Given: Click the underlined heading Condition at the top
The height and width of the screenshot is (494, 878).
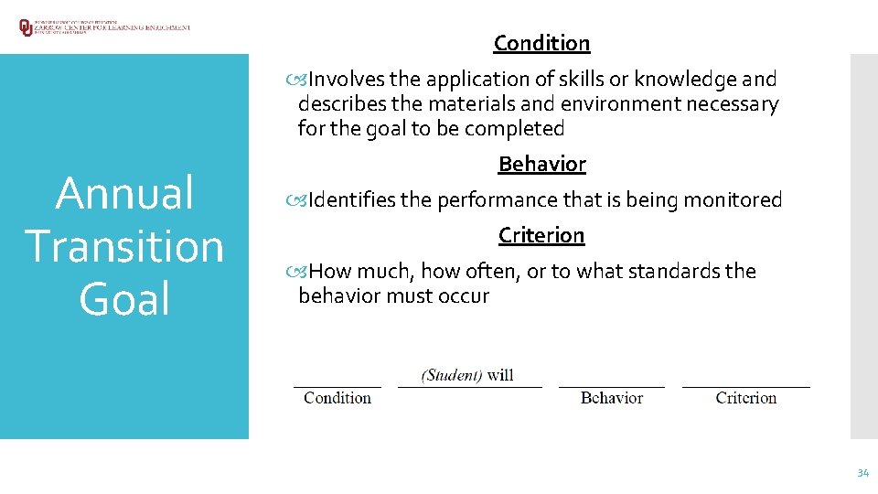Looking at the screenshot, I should click(x=541, y=43).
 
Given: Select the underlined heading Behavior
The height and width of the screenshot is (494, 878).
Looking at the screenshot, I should click(x=541, y=165).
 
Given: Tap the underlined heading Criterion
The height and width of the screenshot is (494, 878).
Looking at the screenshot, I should click(x=541, y=236).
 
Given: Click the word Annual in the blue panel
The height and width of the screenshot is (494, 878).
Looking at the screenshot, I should click(x=124, y=194).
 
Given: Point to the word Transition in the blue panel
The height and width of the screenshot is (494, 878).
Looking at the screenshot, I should click(x=124, y=247).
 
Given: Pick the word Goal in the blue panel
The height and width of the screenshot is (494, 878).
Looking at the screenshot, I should click(x=124, y=300).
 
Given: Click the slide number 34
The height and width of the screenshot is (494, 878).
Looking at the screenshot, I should click(x=862, y=473).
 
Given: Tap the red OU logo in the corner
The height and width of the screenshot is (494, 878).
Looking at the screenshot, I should click(x=26, y=27).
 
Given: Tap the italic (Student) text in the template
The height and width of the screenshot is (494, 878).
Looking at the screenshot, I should click(x=452, y=375).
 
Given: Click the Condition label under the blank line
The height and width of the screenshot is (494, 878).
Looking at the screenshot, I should click(x=337, y=398).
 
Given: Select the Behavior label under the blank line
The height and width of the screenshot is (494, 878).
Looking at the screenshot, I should click(x=611, y=398).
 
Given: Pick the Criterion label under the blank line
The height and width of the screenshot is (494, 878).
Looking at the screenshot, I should click(x=746, y=398).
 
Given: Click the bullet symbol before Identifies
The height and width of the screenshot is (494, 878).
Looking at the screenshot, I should click(x=303, y=200).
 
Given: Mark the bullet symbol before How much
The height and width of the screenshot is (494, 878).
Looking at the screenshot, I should click(x=303, y=272).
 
